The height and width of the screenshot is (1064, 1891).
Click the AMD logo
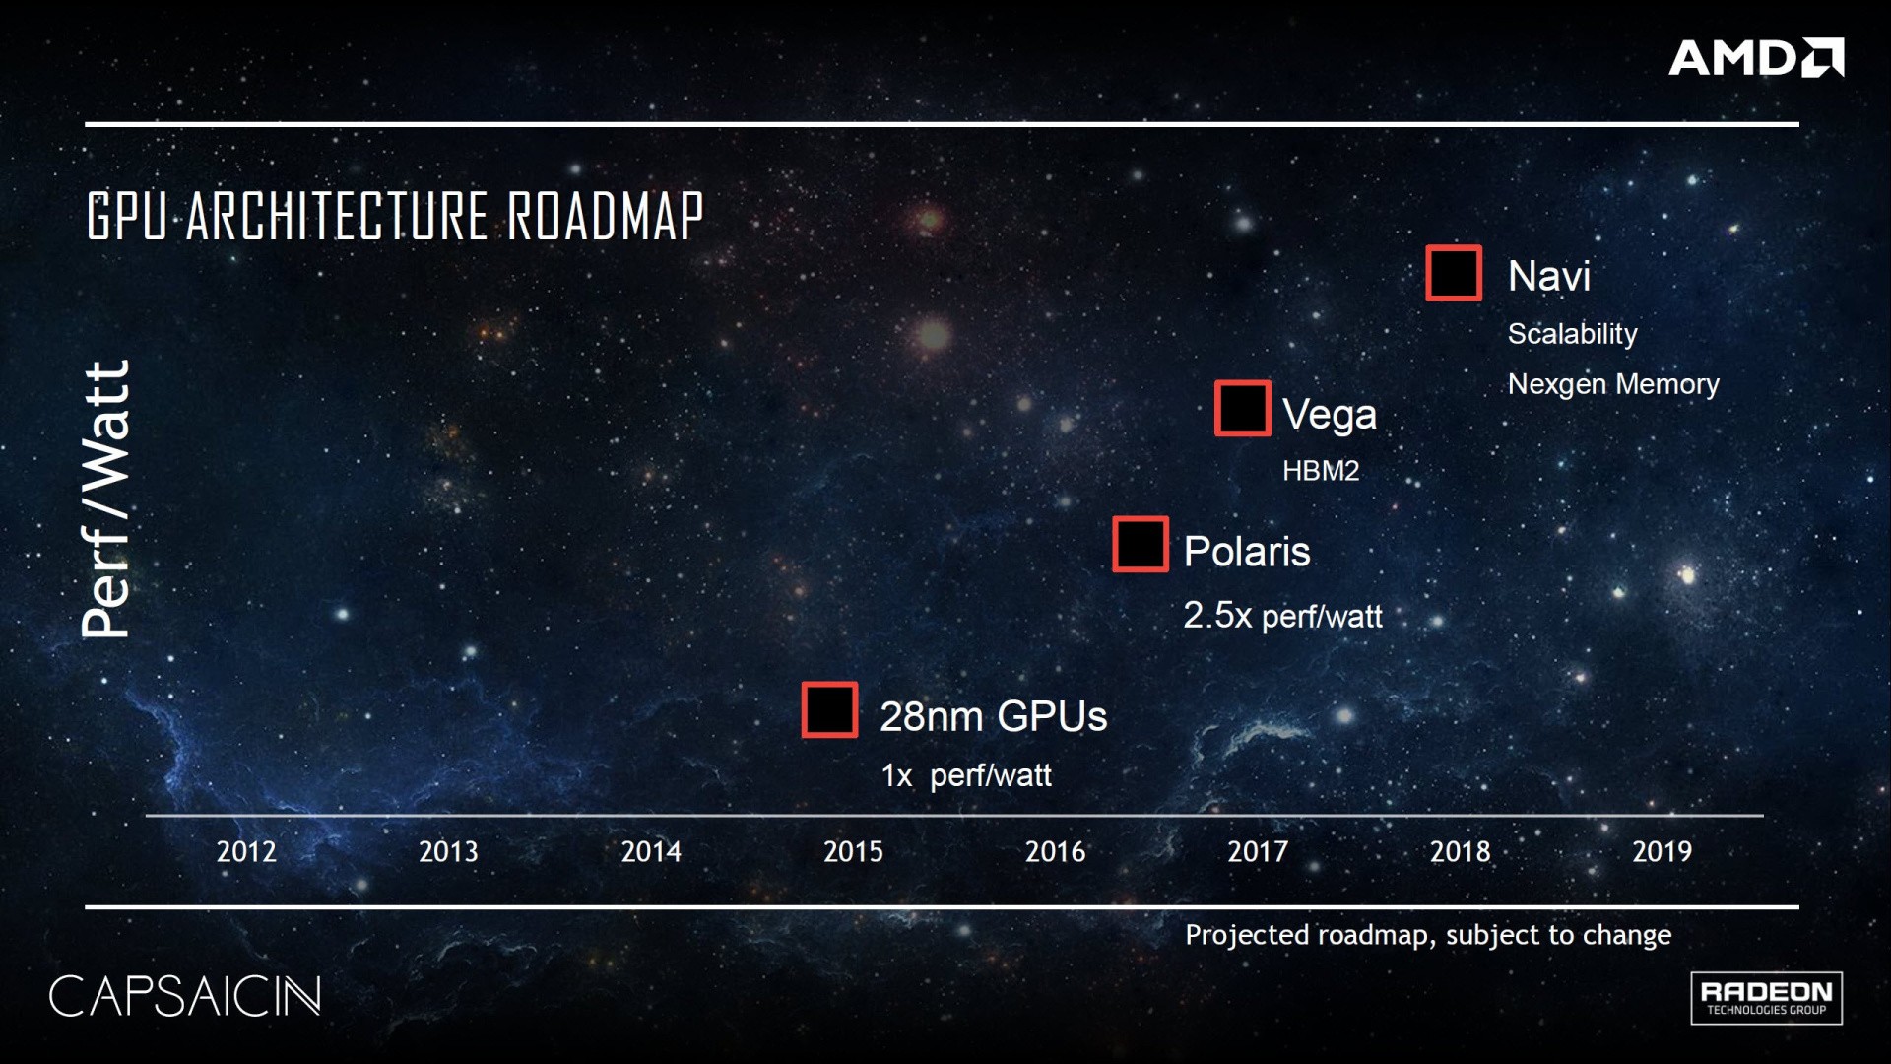1756,57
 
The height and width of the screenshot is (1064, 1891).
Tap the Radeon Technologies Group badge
1767,998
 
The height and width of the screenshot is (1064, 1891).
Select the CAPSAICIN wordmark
185,996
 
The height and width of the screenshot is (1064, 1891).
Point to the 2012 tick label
246,851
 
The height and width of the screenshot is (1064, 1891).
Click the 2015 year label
853,851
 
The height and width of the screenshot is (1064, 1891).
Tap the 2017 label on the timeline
1258,851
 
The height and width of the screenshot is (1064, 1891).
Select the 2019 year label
1663,851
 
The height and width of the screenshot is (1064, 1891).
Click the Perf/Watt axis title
105,499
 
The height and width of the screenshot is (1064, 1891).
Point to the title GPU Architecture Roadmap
395,216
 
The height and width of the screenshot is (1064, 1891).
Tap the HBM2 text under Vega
1321,471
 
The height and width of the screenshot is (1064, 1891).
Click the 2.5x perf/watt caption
1282,616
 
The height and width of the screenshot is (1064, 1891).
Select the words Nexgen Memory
1613,383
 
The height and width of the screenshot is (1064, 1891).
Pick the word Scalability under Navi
1573,334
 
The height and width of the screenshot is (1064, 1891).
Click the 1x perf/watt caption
966,775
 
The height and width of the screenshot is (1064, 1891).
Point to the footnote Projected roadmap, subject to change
1428,935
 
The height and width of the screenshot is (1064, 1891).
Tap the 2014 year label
651,851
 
